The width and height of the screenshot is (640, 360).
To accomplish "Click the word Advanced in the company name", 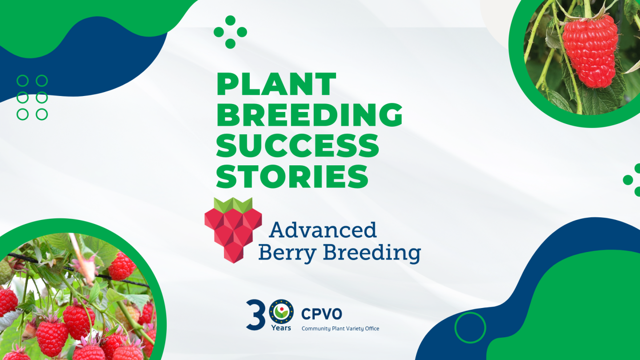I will click(323, 230).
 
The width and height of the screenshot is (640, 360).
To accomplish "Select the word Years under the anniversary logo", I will click(281, 328).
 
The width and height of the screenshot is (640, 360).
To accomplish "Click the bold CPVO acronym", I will click(321, 314).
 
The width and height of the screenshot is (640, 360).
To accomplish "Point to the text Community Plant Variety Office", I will click(340, 328).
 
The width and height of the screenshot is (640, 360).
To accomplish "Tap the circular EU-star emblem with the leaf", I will click(281, 312).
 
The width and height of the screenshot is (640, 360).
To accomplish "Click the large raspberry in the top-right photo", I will click(590, 51).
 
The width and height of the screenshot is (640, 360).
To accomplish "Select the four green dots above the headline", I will click(230, 32).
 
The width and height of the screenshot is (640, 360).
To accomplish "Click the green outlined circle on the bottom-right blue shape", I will click(470, 328).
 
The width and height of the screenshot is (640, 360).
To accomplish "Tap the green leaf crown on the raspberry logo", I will click(233, 204).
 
